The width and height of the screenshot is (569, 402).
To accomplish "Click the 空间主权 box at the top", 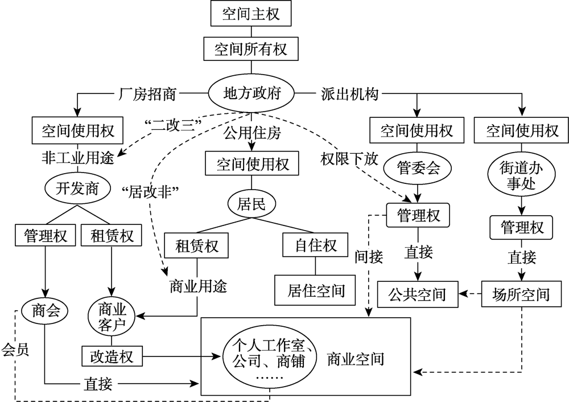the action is tap(251, 14).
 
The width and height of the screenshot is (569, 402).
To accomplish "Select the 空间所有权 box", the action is tap(251, 48).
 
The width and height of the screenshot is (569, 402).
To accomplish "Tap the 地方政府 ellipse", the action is tap(251, 93).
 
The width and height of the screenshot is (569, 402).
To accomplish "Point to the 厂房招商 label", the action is tap(147, 94).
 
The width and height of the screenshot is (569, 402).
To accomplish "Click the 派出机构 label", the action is tap(350, 94).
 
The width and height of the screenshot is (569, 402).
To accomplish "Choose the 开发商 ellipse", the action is tap(77, 188).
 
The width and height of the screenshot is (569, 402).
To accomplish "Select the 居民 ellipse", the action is tap(251, 203).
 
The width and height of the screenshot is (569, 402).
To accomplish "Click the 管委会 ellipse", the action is tap(418, 168).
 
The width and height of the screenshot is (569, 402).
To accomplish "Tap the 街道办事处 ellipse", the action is tap(521, 175).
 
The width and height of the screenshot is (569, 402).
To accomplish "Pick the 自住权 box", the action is tap(315, 245).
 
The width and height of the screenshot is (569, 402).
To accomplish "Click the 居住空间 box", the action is tap(315, 290).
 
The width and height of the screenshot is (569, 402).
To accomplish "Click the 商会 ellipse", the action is tap(45, 311).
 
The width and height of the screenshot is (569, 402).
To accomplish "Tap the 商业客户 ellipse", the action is tap(112, 316).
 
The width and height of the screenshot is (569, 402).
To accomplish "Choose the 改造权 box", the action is tap(112, 356).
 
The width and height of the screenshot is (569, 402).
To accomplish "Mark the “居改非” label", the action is tap(151, 191).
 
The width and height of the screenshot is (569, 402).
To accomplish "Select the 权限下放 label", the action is tap(349, 159).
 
